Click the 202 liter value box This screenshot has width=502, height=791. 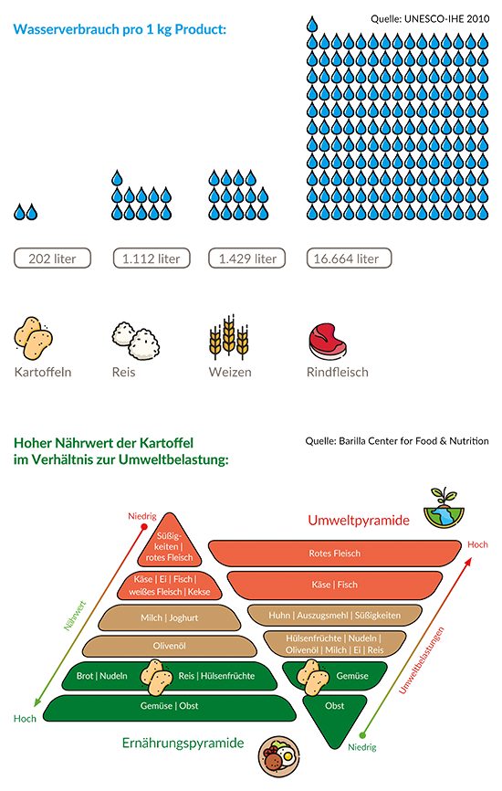pyautogui.click(x=52, y=258)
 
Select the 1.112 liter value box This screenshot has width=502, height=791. pyautogui.click(x=152, y=258)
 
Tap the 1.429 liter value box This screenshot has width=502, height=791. pyautogui.click(x=247, y=258)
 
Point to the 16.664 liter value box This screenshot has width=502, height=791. pyautogui.click(x=349, y=258)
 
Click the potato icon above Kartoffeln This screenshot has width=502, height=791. pyautogui.click(x=33, y=339)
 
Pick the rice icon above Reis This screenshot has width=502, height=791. pyautogui.click(x=136, y=341)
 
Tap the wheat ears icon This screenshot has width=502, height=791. pyautogui.click(x=229, y=336)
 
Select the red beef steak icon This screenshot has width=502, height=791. pyautogui.click(x=328, y=342)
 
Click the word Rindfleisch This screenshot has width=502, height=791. pyautogui.click(x=337, y=373)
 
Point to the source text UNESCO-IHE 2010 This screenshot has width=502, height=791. pyautogui.click(x=446, y=19)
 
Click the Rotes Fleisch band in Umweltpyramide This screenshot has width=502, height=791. pyautogui.click(x=335, y=554)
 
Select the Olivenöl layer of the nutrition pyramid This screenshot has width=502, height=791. pyautogui.click(x=170, y=646)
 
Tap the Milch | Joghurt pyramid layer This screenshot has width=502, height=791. pyautogui.click(x=170, y=618)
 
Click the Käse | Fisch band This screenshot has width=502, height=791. pyautogui.click(x=335, y=585)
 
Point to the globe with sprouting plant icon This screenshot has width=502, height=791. pyautogui.click(x=444, y=508)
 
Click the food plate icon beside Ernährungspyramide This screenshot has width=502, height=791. pyautogui.click(x=278, y=756)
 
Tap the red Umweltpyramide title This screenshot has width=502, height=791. pyautogui.click(x=359, y=520)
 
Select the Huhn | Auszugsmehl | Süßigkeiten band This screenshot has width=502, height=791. pyautogui.click(x=335, y=616)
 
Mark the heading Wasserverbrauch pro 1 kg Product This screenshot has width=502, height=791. pyautogui.click(x=120, y=29)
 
